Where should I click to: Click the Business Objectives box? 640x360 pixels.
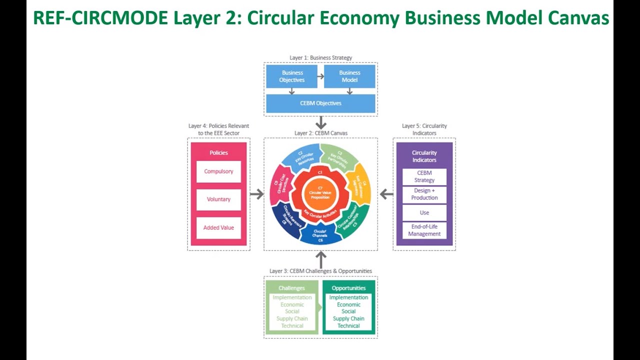coord(292,76)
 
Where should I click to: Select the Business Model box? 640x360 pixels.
coord(349,76)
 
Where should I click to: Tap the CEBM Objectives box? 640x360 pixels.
coord(320,103)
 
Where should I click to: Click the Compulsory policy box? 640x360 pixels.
coord(218,171)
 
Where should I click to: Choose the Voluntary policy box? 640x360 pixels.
coord(218,199)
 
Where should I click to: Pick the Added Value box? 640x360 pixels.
coord(218,227)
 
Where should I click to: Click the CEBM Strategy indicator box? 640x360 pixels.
coord(424,176)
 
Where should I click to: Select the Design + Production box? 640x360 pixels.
coord(424,194)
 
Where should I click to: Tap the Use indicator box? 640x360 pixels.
coord(424,212)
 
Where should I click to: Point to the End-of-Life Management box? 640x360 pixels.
coord(424,230)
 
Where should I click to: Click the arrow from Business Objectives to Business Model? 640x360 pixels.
coord(320,76)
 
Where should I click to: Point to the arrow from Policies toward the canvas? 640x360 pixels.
coord(256,194)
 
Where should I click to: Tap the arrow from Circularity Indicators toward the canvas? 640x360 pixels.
coord(386,194)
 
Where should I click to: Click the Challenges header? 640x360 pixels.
coord(291,288)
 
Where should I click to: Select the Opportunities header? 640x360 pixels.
coord(348,288)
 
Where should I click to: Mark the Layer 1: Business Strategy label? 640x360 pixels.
coord(320,57)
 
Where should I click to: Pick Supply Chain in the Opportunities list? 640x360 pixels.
coord(348,318)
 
